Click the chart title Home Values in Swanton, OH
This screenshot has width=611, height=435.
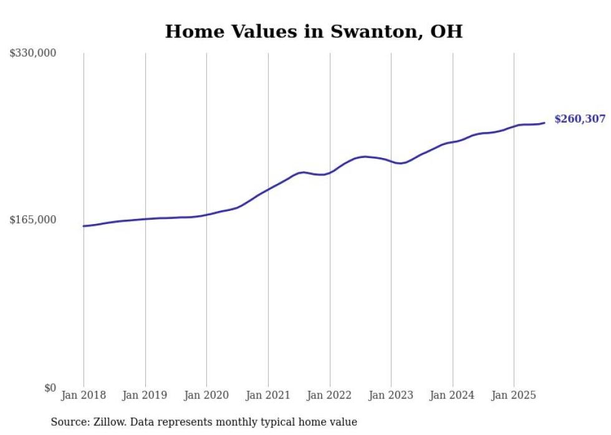click(314, 32)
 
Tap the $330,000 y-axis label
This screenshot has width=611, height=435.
click(33, 54)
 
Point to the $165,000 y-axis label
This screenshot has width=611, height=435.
click(33, 220)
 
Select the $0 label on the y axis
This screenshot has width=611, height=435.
click(51, 388)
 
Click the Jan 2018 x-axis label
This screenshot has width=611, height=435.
click(84, 395)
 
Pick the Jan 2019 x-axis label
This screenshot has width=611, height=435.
click(145, 395)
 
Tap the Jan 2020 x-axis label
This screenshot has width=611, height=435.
click(206, 395)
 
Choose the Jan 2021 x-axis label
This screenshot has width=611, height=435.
click(268, 395)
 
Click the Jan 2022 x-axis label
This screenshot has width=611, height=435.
click(330, 395)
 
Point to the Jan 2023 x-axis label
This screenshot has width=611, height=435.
click(391, 395)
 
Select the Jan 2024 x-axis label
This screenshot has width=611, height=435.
click(453, 395)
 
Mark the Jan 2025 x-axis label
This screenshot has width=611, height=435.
click(514, 395)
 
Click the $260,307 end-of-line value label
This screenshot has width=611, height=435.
click(579, 119)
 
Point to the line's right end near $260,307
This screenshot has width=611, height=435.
click(544, 123)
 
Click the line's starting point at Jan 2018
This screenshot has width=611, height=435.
click(84, 226)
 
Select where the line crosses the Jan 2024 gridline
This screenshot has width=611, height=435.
click(453, 142)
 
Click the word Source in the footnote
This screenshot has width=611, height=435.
click(68, 422)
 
